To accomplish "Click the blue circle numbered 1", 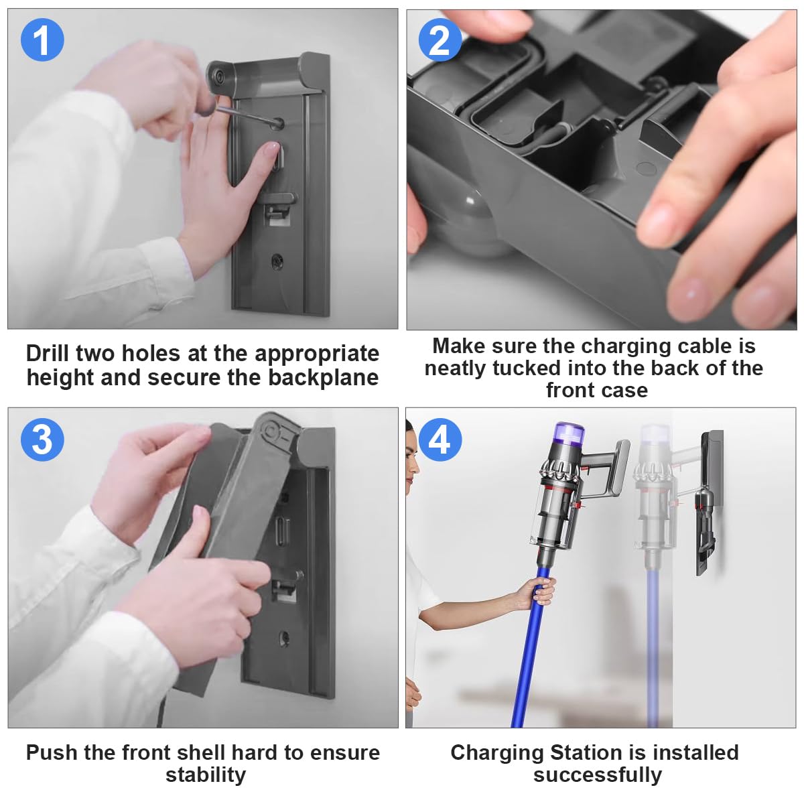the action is pyautogui.click(x=42, y=40).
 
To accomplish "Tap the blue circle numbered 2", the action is pyautogui.click(x=440, y=40).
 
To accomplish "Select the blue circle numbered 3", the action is pyautogui.click(x=42, y=440).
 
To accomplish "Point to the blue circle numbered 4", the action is pyautogui.click(x=440, y=440).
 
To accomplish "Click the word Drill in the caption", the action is pyautogui.click(x=47, y=353).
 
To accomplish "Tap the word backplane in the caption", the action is pyautogui.click(x=323, y=378).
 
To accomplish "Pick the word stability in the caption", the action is pyautogui.click(x=206, y=776).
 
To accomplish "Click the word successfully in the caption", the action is pyautogui.click(x=598, y=776).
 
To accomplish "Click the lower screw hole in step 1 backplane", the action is pyautogui.click(x=277, y=261).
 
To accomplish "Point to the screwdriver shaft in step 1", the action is pyautogui.click(x=249, y=115).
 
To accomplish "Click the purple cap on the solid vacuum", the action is pyautogui.click(x=569, y=436).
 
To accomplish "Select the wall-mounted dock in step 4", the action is pyautogui.click(x=709, y=503).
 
